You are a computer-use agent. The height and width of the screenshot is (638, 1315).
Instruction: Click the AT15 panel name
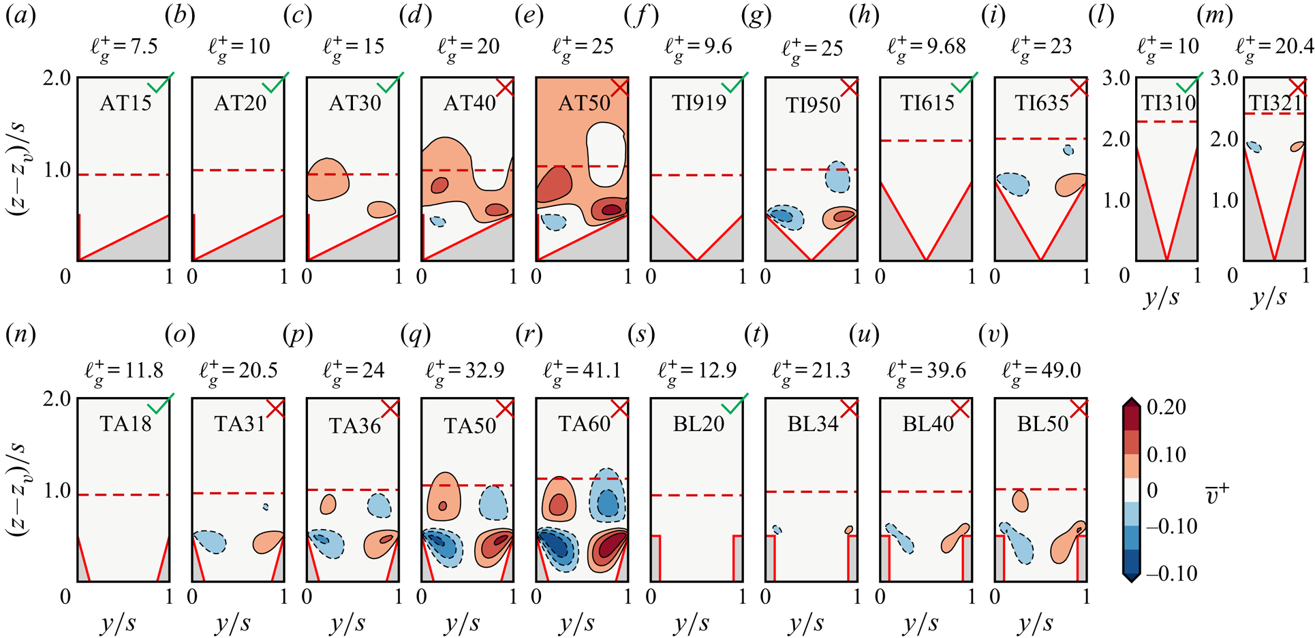pyautogui.click(x=125, y=103)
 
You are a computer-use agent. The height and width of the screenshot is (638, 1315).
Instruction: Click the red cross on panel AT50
pyautogui.click(x=620, y=88)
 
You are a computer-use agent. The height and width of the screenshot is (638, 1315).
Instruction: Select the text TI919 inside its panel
pyautogui.click(x=698, y=103)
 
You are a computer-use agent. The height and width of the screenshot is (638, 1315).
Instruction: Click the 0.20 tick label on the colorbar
pyautogui.click(x=1166, y=406)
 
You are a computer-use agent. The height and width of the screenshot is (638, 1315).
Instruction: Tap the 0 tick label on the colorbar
pyautogui.click(x=1153, y=490)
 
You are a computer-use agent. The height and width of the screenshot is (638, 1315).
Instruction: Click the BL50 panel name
pyautogui.click(x=1042, y=424)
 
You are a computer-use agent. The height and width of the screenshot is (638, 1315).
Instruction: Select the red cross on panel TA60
pyautogui.click(x=620, y=409)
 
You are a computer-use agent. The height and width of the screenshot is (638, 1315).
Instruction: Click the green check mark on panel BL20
pyautogui.click(x=735, y=404)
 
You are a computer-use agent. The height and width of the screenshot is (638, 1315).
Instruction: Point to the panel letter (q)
pyautogui.click(x=414, y=335)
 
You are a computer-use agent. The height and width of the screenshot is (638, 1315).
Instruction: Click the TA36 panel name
pyautogui.click(x=354, y=426)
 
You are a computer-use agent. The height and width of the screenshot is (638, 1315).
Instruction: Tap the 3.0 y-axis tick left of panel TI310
pyautogui.click(x=1117, y=78)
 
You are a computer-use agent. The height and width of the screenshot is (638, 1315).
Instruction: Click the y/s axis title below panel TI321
pyautogui.click(x=1269, y=298)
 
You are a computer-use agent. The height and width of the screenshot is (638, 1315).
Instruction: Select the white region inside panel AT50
pyautogui.click(x=606, y=153)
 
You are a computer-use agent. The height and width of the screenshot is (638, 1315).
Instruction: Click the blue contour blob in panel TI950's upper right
pyautogui.click(x=837, y=176)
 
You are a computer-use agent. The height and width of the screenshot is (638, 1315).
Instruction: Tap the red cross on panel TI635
pyautogui.click(x=1079, y=88)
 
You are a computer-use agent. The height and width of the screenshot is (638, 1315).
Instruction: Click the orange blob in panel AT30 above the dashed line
pyautogui.click(x=328, y=178)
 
